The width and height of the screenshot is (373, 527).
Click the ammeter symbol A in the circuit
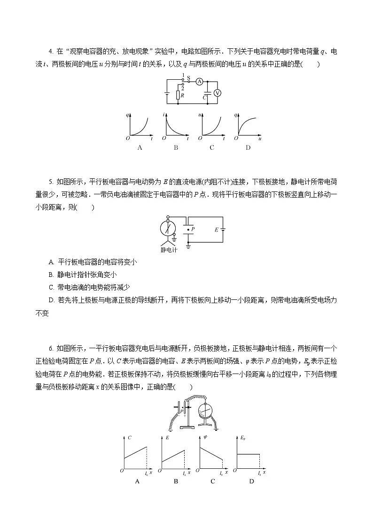pos(199,81)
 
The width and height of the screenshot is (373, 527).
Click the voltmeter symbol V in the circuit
pos(218,93)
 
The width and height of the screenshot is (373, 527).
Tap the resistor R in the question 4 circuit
pos(178,95)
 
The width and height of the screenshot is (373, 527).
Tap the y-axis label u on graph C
pos(200,115)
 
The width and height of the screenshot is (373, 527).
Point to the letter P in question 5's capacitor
pos(193,229)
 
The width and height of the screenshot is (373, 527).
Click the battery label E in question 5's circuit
pos(216,230)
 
